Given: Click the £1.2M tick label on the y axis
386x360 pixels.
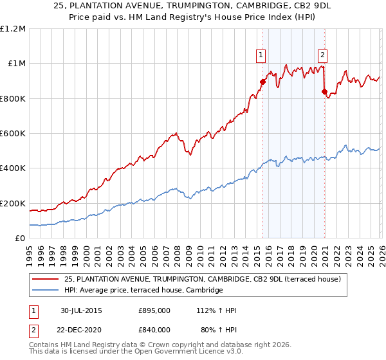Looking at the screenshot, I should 13,29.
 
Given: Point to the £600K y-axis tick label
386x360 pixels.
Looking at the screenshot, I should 13,134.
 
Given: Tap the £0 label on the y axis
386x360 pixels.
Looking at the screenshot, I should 20,239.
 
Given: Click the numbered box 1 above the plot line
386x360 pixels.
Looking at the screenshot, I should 261,55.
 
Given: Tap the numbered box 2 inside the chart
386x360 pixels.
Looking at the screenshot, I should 322,55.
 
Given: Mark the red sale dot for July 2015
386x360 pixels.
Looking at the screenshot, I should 262,82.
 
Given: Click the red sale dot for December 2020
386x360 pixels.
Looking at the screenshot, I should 324,91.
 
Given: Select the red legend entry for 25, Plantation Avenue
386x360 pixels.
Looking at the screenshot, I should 206,279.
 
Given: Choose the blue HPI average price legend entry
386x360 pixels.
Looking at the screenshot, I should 143,291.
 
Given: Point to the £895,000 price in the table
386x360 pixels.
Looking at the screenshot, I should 154,310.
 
